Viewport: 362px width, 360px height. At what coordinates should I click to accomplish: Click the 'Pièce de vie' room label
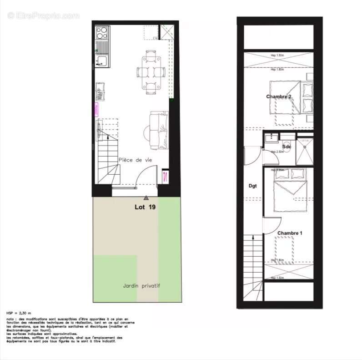pos(135,160)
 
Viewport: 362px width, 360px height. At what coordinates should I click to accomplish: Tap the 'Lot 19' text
pos(145,207)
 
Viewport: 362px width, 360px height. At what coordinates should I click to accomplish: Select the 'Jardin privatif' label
pos(141,286)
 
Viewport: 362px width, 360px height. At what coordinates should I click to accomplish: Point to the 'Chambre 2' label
pos(278,96)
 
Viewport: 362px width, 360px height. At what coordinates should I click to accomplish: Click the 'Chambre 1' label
pos(290,233)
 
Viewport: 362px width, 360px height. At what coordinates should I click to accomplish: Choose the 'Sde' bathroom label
pos(287,147)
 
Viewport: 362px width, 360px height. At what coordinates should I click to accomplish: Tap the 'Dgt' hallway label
pos(253,186)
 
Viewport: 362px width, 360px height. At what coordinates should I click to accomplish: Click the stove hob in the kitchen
pos(102,32)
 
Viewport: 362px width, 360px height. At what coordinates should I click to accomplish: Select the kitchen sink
pos(101,61)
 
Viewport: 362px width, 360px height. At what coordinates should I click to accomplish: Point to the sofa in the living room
pos(159,130)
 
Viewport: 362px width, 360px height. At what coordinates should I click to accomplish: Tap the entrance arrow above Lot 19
pos(146,198)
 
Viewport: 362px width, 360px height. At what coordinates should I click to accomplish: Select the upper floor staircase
pos(253,269)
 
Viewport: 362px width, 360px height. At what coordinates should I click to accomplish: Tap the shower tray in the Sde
pos(304,152)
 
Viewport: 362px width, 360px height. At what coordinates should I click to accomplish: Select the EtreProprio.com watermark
pos(44,15)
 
